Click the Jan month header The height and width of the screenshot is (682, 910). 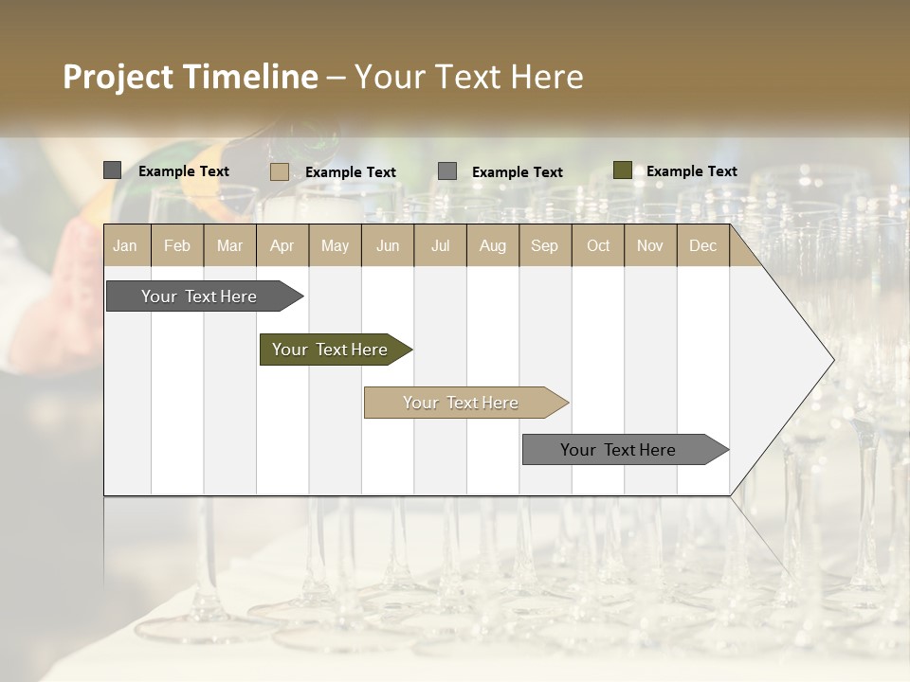click(125, 245)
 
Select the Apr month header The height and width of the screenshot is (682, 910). click(282, 245)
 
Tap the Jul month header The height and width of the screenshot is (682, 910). click(440, 245)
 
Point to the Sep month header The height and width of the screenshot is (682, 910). click(544, 245)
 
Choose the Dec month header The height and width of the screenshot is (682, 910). click(702, 245)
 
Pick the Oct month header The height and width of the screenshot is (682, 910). click(597, 245)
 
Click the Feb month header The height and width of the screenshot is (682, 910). click(177, 245)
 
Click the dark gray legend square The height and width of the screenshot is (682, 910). click(113, 170)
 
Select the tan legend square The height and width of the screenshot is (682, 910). click(280, 171)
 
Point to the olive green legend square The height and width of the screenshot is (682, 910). click(622, 170)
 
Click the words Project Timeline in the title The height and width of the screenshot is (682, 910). click(190, 77)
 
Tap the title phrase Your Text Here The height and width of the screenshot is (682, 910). click(468, 77)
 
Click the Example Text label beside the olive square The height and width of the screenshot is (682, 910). click(691, 170)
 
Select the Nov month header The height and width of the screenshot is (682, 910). click(649, 245)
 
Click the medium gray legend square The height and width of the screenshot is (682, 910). click(447, 170)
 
